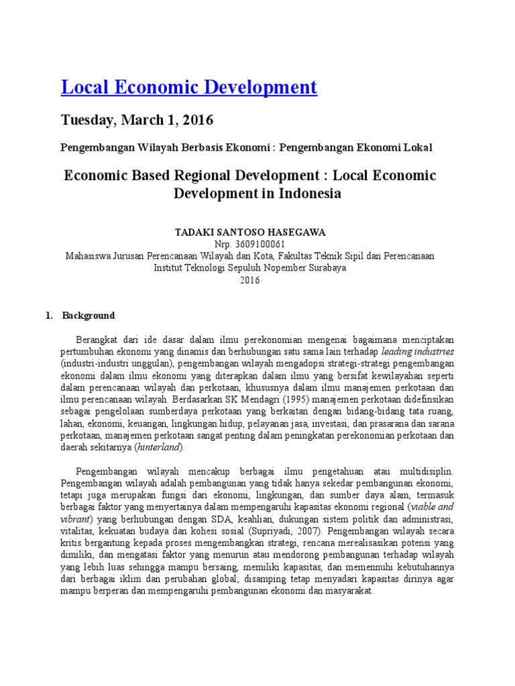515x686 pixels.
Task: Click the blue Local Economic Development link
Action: pos(188,87)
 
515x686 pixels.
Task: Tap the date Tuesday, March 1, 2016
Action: pos(137,121)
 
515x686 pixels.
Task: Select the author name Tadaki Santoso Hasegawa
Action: pos(249,232)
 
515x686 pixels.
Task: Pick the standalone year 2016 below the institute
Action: pos(249,280)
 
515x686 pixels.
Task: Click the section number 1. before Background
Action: pos(48,316)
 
